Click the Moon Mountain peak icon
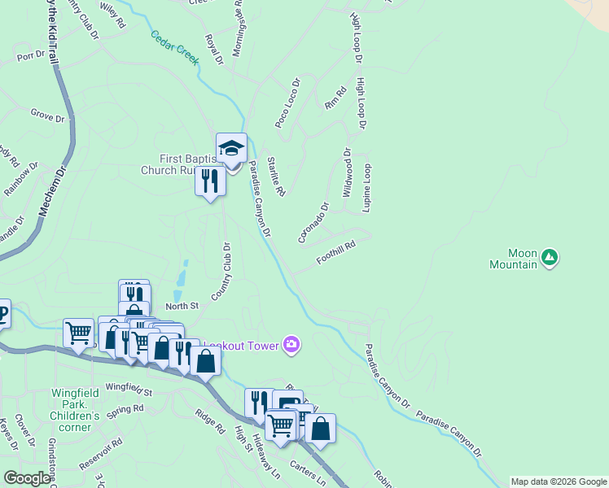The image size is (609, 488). [550, 258]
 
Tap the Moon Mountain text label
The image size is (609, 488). [514, 259]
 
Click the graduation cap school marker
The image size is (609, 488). [231, 149]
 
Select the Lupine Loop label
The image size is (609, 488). [367, 189]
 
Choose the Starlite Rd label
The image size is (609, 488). [276, 176]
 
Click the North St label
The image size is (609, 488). [182, 306]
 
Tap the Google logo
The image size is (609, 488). [27, 478]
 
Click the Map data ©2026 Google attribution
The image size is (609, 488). [559, 481]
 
